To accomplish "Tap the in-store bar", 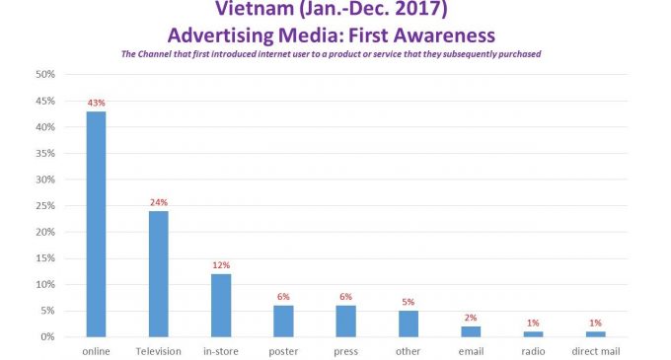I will click(x=221, y=305).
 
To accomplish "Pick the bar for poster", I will click(x=283, y=321).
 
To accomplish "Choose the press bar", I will click(x=345, y=321).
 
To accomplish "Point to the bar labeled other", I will click(x=408, y=324).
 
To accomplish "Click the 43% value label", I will click(x=96, y=103).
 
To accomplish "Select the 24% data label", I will click(x=158, y=202).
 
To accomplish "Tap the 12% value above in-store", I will click(x=221, y=264).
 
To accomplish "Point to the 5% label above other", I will click(x=408, y=302).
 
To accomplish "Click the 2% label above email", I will click(x=471, y=317).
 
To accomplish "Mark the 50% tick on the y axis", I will click(x=45, y=75).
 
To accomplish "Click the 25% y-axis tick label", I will click(x=45, y=206).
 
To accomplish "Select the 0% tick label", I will click(x=47, y=337).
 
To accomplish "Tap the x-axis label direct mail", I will click(x=595, y=351).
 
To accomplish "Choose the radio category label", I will click(x=533, y=351).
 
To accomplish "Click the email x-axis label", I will click(x=471, y=351).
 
